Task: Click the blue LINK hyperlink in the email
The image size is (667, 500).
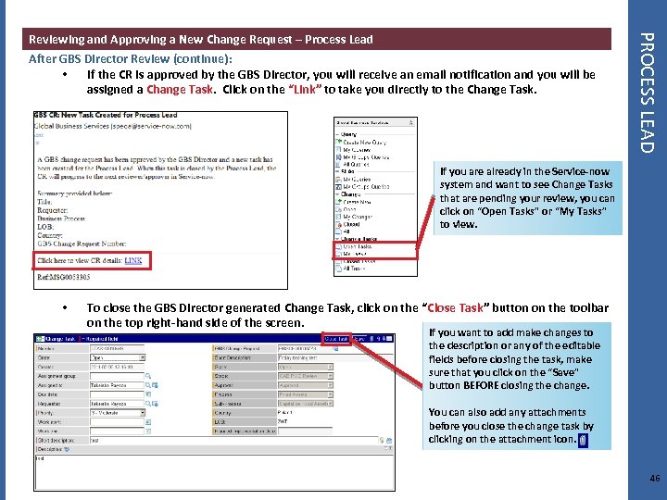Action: point(133,261)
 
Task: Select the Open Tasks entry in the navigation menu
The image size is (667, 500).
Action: point(358,246)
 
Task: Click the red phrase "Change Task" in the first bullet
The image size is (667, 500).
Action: point(178,90)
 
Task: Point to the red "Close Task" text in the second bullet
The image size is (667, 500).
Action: point(458,307)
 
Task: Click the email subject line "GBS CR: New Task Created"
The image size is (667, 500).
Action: point(105,116)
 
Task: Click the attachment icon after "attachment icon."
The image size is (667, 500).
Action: point(583,440)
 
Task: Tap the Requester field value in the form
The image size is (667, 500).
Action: point(116,405)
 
